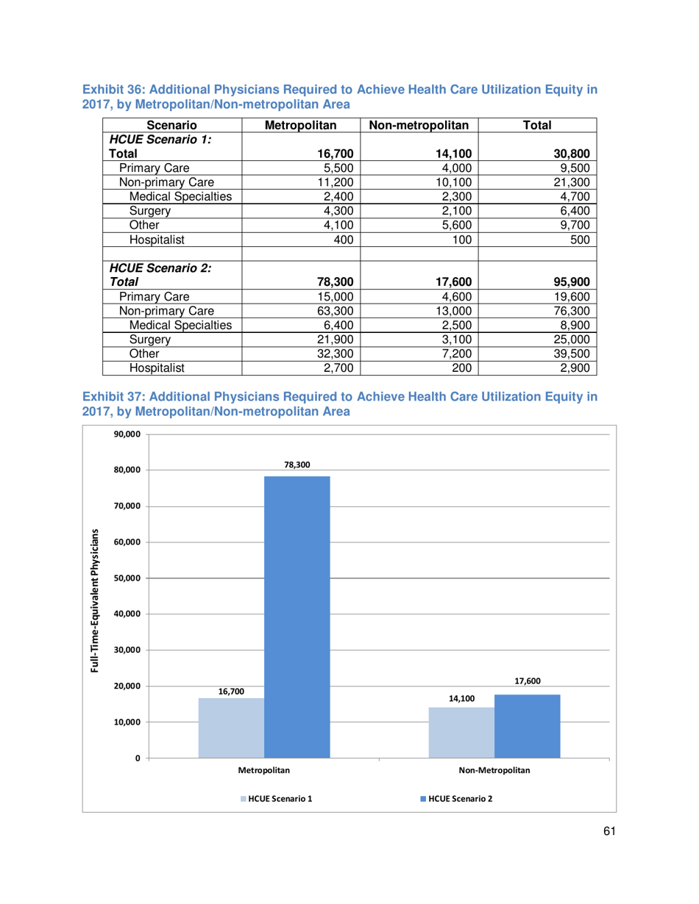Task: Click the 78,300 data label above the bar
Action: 297,465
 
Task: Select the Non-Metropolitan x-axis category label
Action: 494,771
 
